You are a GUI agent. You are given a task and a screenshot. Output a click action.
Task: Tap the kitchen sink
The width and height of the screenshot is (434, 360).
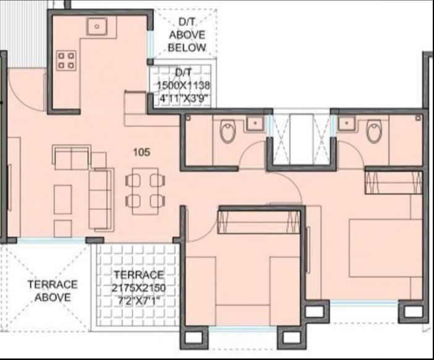click(98, 27)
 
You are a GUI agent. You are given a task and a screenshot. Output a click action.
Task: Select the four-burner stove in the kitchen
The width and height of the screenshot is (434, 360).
click(66, 60)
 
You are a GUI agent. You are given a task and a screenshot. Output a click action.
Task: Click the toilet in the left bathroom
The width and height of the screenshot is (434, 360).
click(228, 131)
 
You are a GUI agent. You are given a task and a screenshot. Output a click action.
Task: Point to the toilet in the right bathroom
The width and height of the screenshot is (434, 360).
click(374, 131)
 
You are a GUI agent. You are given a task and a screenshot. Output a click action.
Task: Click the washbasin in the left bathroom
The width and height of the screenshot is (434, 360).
click(255, 124)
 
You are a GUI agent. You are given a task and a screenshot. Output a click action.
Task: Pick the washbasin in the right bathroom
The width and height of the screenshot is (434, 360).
click(347, 124)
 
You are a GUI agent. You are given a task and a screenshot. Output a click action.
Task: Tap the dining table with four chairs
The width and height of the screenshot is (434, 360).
click(145, 191)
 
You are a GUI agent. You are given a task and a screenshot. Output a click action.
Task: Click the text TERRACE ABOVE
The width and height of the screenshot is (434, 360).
click(53, 291)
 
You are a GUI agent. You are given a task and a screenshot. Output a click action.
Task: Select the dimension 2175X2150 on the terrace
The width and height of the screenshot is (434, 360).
click(138, 288)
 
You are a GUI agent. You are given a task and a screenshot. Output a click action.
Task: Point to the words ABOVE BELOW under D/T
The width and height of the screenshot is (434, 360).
click(187, 41)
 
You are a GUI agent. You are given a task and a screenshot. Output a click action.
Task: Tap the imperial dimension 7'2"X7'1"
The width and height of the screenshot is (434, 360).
click(138, 301)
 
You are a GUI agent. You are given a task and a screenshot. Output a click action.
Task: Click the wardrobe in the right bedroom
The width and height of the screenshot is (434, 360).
click(394, 182)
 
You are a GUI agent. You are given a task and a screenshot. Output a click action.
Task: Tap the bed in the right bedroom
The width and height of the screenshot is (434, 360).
click(383, 247)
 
